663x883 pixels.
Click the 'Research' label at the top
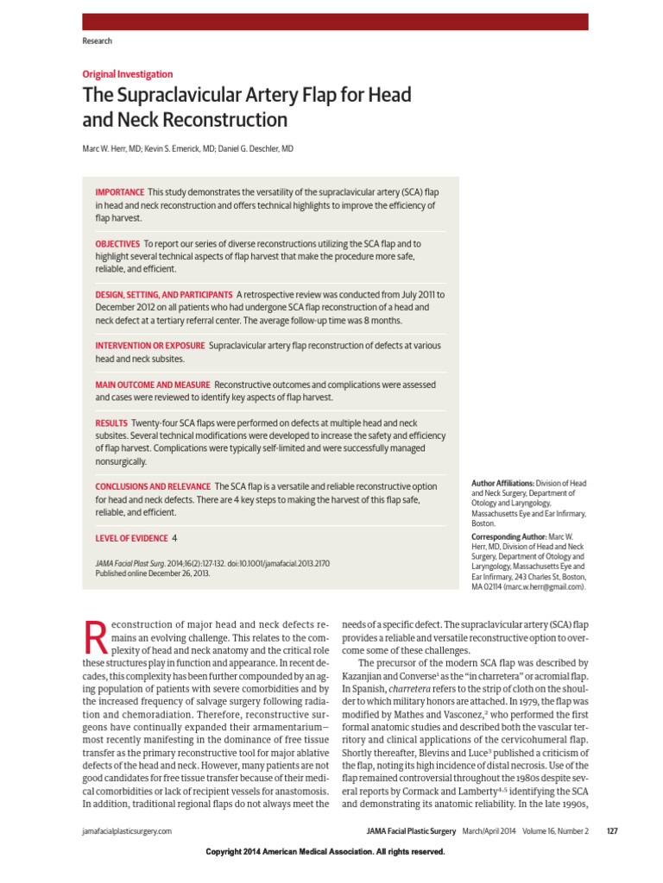click(97, 41)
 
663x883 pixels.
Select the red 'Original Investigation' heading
click(127, 74)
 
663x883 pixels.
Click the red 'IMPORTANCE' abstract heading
click(119, 191)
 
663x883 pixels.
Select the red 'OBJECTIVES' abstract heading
click(117, 244)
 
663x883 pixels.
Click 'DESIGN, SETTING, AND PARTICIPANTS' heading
click(163, 295)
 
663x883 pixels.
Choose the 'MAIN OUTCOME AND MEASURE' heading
click(153, 385)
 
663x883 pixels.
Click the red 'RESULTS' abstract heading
click(110, 423)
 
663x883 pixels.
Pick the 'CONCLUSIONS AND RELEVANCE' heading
click(153, 487)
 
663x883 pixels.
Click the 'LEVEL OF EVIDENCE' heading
click(131, 538)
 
